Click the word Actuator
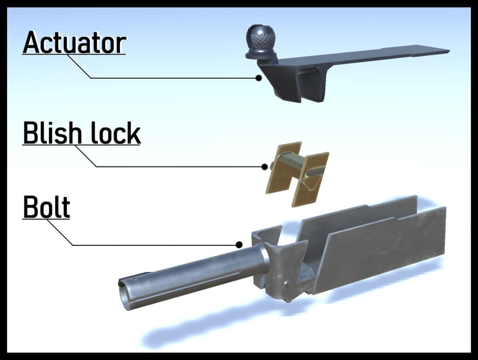tap(74, 42)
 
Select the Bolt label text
tap(46, 207)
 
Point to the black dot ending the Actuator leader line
tap(259, 78)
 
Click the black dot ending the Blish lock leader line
tap(265, 166)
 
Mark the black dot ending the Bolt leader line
tap(239, 244)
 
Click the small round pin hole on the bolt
tap(286, 284)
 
